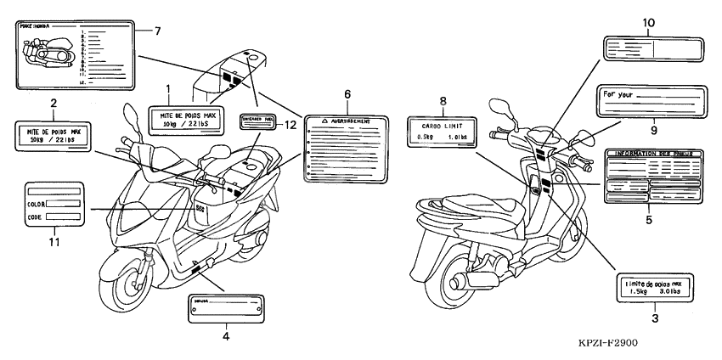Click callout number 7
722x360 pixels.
(x=157, y=31)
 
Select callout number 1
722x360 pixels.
(x=168, y=88)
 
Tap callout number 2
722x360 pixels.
(x=54, y=104)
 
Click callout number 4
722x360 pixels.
(x=225, y=337)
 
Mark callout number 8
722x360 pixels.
(x=443, y=100)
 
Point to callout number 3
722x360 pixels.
(x=654, y=319)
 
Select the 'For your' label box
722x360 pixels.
(x=650, y=102)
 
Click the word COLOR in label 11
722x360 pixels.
(x=36, y=204)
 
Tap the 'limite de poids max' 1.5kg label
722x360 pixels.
(x=654, y=288)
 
